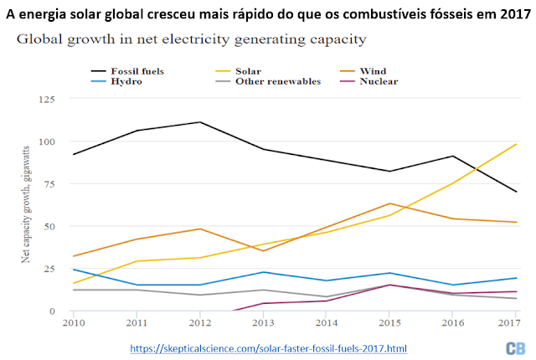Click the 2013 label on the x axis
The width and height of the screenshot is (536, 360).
[x=264, y=322]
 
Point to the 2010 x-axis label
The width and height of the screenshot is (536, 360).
[x=74, y=322]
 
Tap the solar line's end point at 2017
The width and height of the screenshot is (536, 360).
[x=517, y=144]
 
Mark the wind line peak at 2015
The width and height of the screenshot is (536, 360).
[x=390, y=203]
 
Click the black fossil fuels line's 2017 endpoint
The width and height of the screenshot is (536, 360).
[x=517, y=192]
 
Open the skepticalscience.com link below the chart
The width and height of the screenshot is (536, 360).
[x=268, y=347]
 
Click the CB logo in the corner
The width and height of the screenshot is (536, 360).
[x=514, y=348]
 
